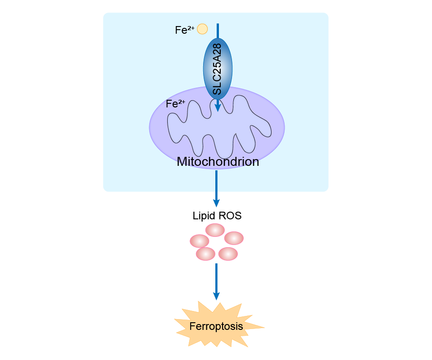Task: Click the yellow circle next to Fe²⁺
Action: [x=202, y=29]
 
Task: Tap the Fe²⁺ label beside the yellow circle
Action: [x=184, y=30]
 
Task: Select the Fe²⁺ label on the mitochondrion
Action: [x=175, y=104]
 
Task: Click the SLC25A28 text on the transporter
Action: [x=218, y=69]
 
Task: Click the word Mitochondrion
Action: [x=218, y=162]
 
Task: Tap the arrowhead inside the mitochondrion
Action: [x=218, y=107]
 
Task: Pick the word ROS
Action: [x=230, y=216]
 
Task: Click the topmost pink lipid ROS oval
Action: [x=215, y=230]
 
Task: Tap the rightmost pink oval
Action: [x=234, y=238]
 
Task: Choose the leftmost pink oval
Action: [x=200, y=241]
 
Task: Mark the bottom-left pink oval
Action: [x=205, y=254]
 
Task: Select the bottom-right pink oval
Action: [x=228, y=254]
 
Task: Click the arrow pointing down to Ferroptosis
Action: [x=216, y=279]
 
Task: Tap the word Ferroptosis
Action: [x=216, y=326]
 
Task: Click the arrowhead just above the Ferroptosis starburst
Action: [x=216, y=296]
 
